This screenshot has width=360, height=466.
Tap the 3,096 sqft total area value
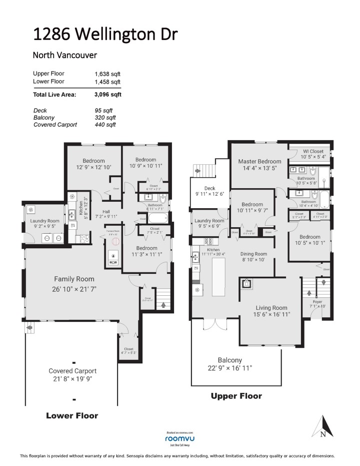tap(107, 94)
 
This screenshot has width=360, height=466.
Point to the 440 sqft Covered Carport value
tap(105, 125)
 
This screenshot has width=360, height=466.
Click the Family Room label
tap(74, 279)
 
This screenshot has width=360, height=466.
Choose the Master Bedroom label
tap(259, 161)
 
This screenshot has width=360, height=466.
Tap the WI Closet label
tap(313, 151)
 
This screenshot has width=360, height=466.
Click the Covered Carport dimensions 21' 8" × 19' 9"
tap(72, 379)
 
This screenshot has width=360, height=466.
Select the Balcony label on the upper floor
tap(230, 360)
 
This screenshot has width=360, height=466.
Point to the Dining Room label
tap(254, 254)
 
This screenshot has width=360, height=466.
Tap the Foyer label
tap(317, 302)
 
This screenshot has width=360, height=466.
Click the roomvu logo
tap(179, 437)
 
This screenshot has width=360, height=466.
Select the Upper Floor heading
tap(236, 396)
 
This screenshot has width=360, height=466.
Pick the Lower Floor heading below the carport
tap(72, 415)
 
